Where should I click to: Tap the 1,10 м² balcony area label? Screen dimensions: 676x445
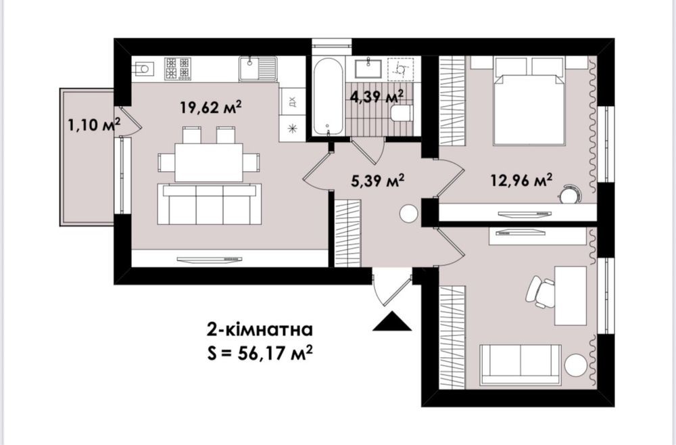coord(94,124)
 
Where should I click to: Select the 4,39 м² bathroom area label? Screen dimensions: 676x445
coord(377,97)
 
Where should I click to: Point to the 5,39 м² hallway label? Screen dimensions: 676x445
coord(378,181)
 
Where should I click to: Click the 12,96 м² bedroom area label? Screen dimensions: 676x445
coord(522,181)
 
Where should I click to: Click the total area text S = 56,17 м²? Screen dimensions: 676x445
coord(260,354)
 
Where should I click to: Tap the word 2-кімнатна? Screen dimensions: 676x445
coord(260,330)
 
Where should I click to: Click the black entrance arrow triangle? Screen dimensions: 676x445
coord(392,321)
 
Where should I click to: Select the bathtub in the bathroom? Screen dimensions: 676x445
coord(328,96)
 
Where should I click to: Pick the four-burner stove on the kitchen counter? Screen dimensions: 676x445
coord(178,68)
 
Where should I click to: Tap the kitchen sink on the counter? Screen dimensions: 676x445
coord(258,68)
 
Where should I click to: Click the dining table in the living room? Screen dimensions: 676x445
coord(209,162)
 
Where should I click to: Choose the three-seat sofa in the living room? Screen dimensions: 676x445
coord(210,204)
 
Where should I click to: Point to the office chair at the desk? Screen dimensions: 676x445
coord(540,292)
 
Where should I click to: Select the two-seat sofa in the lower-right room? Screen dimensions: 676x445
coord(521,365)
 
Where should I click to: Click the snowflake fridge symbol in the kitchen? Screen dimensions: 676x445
coord(293,128)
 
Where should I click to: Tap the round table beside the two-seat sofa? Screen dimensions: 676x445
coord(577,365)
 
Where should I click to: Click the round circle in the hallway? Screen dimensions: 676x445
coord(408,214)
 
